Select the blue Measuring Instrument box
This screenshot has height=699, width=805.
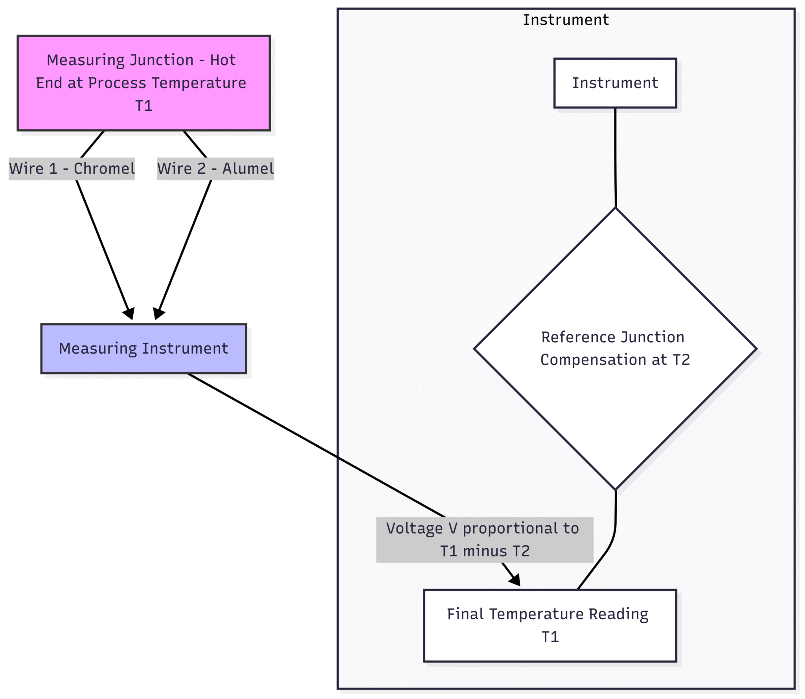click(x=143, y=349)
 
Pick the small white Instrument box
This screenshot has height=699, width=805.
click(x=615, y=83)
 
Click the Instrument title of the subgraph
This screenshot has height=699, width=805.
click(x=566, y=20)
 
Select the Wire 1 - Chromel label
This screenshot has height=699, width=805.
click(x=72, y=169)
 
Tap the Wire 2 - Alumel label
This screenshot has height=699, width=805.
click(x=215, y=169)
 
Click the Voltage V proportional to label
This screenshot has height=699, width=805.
click(x=482, y=528)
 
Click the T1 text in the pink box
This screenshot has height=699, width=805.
click(x=144, y=106)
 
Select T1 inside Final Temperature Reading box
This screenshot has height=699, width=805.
click(x=550, y=637)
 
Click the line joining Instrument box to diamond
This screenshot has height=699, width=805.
click(x=615, y=157)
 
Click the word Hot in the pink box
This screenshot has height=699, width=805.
click(x=222, y=60)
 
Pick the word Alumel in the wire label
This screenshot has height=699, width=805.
click(x=248, y=169)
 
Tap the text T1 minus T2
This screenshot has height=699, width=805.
click(x=485, y=551)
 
